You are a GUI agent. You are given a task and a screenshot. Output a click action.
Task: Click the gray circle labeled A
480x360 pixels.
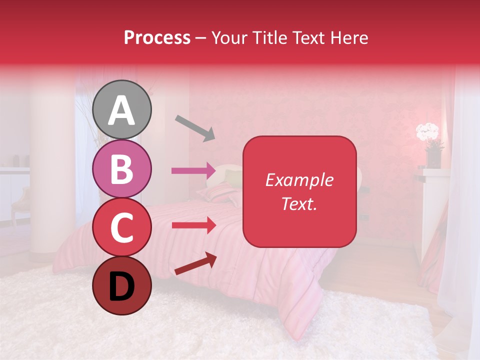pos(122,109)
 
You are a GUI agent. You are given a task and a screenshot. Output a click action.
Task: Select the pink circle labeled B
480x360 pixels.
pos(122,168)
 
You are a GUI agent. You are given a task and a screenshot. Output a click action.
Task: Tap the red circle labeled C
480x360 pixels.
pos(122,227)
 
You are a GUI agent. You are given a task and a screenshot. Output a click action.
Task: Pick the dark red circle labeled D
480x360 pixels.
pos(122,285)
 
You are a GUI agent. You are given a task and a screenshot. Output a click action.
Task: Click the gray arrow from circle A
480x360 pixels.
pos(195,128)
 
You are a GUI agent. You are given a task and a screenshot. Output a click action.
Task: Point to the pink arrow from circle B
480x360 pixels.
pos(194,170)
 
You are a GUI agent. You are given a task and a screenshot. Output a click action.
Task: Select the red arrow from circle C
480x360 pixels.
pos(194,225)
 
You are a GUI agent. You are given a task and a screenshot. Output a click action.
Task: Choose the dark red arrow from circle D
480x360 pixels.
pos(195,263)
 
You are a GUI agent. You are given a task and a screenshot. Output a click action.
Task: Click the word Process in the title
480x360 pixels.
pos(157,37)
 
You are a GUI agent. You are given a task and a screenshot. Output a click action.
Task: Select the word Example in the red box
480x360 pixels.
pos(299,180)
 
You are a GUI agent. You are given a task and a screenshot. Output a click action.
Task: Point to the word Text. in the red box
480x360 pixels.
pos(299,203)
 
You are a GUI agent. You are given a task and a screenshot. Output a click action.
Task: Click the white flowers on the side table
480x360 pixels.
pos(427,131)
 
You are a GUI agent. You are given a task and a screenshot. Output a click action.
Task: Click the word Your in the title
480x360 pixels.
pos(228,37)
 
